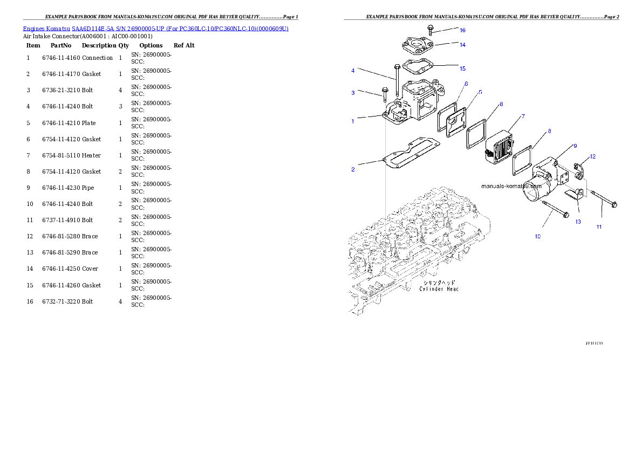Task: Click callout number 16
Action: (462, 30)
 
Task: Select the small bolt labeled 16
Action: (430, 29)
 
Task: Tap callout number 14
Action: (462, 45)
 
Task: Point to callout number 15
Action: (462, 68)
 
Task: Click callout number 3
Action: (353, 93)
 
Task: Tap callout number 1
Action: (353, 121)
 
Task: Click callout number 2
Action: (353, 169)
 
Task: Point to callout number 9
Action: (575, 146)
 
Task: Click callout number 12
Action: (592, 156)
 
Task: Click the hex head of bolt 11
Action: (616, 204)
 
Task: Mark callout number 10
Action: (537, 236)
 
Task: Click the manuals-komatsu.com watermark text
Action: (511, 186)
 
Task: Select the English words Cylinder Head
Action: (439, 289)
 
